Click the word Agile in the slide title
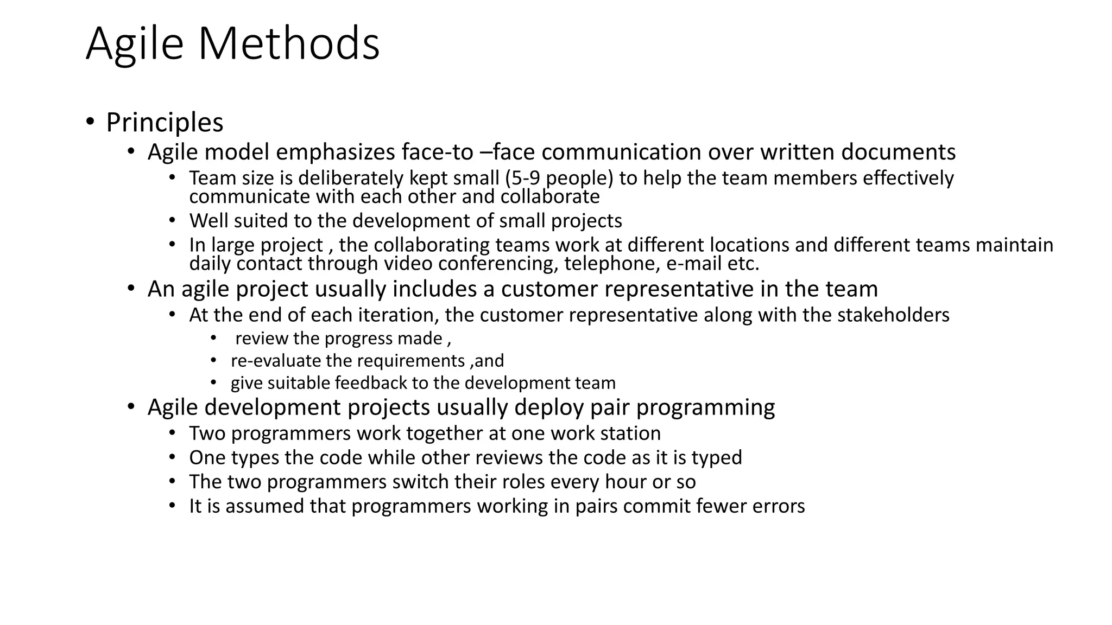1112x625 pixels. pyautogui.click(x=135, y=44)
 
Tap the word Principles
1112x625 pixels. pyautogui.click(x=165, y=123)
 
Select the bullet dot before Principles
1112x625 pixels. pyautogui.click(x=90, y=121)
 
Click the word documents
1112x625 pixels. pyautogui.click(x=898, y=152)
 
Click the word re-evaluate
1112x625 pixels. pyautogui.click(x=275, y=361)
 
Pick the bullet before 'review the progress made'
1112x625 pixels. pyautogui.click(x=213, y=339)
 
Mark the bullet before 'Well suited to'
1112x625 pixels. pyautogui.click(x=172, y=220)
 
